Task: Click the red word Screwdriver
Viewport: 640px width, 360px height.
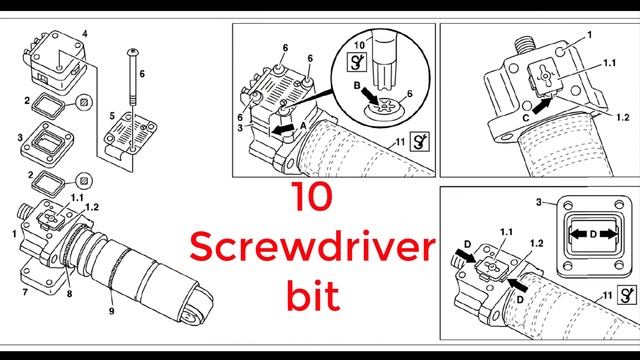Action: point(312,247)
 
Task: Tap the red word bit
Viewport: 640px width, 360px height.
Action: point(313,295)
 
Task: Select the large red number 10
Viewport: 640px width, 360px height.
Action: point(312,197)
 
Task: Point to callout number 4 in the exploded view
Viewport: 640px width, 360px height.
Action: point(84,33)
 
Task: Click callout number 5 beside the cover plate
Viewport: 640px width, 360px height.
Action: point(112,116)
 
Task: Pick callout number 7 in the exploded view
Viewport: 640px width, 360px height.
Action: point(25,292)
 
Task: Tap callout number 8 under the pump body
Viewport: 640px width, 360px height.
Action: point(69,293)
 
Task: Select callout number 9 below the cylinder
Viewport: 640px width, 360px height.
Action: point(111,311)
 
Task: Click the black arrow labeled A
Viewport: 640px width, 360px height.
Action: point(283,129)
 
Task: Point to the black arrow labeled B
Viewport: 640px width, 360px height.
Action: point(371,96)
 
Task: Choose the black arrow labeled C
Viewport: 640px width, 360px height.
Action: point(541,107)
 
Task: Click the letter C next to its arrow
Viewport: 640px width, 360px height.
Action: point(526,118)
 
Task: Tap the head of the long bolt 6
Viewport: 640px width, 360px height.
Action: point(133,52)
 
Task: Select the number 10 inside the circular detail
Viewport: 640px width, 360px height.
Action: point(359,45)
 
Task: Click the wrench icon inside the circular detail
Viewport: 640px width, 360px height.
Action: point(356,62)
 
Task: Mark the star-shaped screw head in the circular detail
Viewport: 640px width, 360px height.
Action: point(384,107)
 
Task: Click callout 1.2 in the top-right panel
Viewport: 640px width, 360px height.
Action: point(623,118)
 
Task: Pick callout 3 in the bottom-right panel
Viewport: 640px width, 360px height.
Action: point(539,202)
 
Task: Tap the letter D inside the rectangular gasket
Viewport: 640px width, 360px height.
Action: point(593,234)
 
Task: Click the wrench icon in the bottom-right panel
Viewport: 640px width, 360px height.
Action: point(626,295)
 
